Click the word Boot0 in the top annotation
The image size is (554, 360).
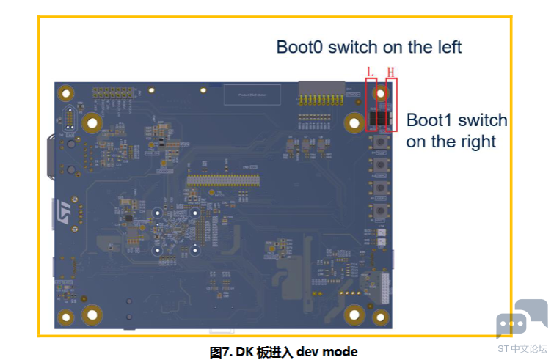point(299,47)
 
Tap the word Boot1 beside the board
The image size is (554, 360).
point(430,120)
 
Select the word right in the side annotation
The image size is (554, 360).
point(476,141)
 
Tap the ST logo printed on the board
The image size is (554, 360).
point(64,208)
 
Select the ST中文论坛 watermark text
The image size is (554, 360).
point(522,348)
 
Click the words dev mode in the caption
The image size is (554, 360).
point(327,352)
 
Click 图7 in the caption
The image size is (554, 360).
point(219,352)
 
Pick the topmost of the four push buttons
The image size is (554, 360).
point(381,142)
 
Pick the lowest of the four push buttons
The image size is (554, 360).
point(381,213)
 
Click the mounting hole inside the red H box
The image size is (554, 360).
point(381,93)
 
